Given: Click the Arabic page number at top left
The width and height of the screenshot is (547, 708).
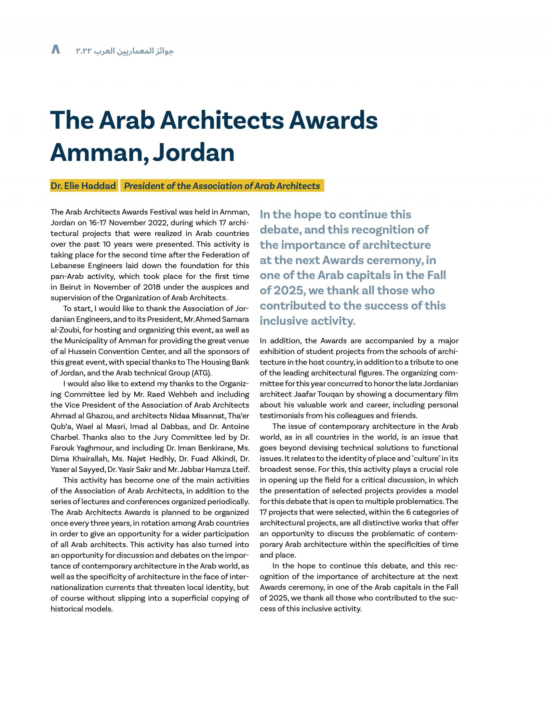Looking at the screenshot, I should [55, 50].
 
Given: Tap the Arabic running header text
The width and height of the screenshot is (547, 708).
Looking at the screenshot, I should [125, 51].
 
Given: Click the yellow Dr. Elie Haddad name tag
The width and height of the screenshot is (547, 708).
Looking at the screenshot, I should [83, 186].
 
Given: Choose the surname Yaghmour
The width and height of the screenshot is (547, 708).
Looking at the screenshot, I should [89, 448].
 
